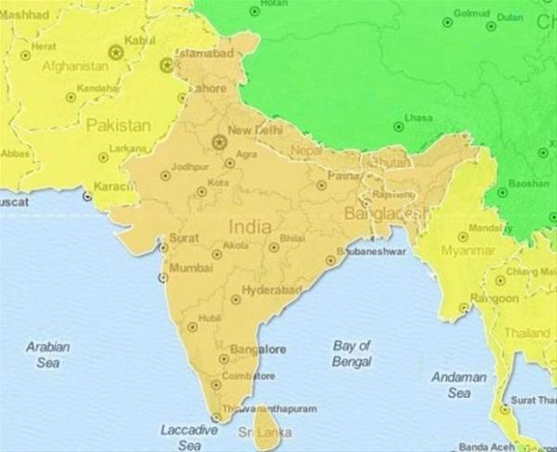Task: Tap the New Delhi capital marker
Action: (x=219, y=142)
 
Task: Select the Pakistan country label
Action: (x=118, y=125)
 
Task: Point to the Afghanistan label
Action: (x=74, y=67)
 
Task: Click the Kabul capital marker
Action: (x=116, y=52)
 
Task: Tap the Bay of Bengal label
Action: (x=352, y=353)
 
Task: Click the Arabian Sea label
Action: (x=47, y=355)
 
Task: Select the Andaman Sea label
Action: (x=459, y=385)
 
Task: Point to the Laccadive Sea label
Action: (x=188, y=437)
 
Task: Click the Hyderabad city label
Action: (x=272, y=291)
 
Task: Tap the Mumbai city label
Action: (x=192, y=268)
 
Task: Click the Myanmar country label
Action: (x=467, y=251)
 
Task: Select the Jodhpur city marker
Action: (x=165, y=174)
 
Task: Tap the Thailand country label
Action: (x=526, y=332)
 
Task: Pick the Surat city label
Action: (x=184, y=238)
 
